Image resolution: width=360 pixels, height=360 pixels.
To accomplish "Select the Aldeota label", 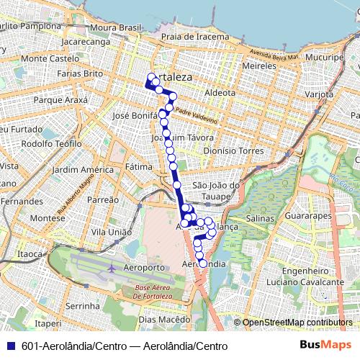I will click(x=220, y=93).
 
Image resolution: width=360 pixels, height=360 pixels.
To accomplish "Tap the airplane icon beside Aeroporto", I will click(x=111, y=269).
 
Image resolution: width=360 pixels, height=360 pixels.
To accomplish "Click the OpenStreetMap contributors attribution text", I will click(x=297, y=323).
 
